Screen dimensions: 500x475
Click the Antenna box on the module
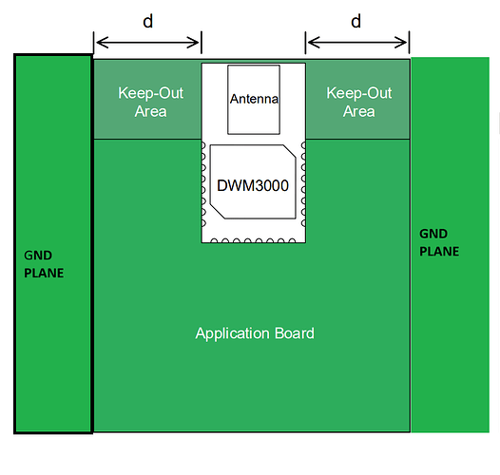[x=254, y=100]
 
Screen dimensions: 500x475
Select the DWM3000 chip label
[x=253, y=185]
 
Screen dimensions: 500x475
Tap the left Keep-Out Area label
[x=150, y=102]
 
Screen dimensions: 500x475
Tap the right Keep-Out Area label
[x=359, y=102]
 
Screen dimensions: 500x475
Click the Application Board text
[x=255, y=333]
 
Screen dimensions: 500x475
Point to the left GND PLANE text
[x=44, y=264]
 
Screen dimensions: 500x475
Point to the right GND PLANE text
[x=439, y=242]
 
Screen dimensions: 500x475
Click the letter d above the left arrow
[x=148, y=21]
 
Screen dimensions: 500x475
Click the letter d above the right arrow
[x=356, y=21]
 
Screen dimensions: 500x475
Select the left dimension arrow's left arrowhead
[x=102, y=43]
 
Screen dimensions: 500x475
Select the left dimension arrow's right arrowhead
[x=193, y=43]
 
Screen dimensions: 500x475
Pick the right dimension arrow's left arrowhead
[x=314, y=43]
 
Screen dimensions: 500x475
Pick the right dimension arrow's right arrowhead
[x=401, y=43]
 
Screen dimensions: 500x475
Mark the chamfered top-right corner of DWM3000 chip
[x=290, y=151]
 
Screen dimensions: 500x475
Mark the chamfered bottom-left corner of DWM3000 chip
[x=217, y=212]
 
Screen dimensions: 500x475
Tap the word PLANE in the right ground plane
[x=439, y=252]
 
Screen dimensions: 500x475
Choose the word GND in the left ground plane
[x=38, y=256]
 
